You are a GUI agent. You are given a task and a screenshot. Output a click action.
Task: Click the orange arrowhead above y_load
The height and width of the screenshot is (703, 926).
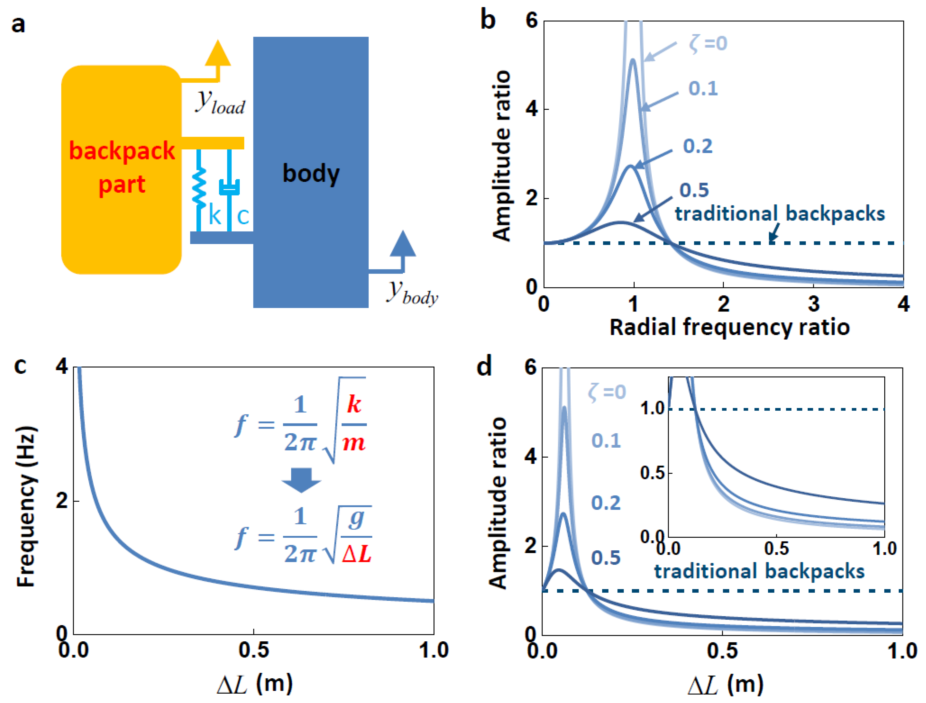[218, 53]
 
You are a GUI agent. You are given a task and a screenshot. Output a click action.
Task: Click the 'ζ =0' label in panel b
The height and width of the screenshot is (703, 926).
[708, 43]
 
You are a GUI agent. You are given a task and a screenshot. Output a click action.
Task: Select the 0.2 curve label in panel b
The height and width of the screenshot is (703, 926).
[698, 146]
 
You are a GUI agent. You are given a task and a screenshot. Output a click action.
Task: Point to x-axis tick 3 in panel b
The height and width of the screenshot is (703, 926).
[814, 304]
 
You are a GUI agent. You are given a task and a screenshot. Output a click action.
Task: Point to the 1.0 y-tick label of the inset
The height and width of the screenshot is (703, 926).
[652, 408]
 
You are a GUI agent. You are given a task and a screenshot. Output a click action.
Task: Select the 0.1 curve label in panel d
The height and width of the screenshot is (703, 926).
[606, 441]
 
